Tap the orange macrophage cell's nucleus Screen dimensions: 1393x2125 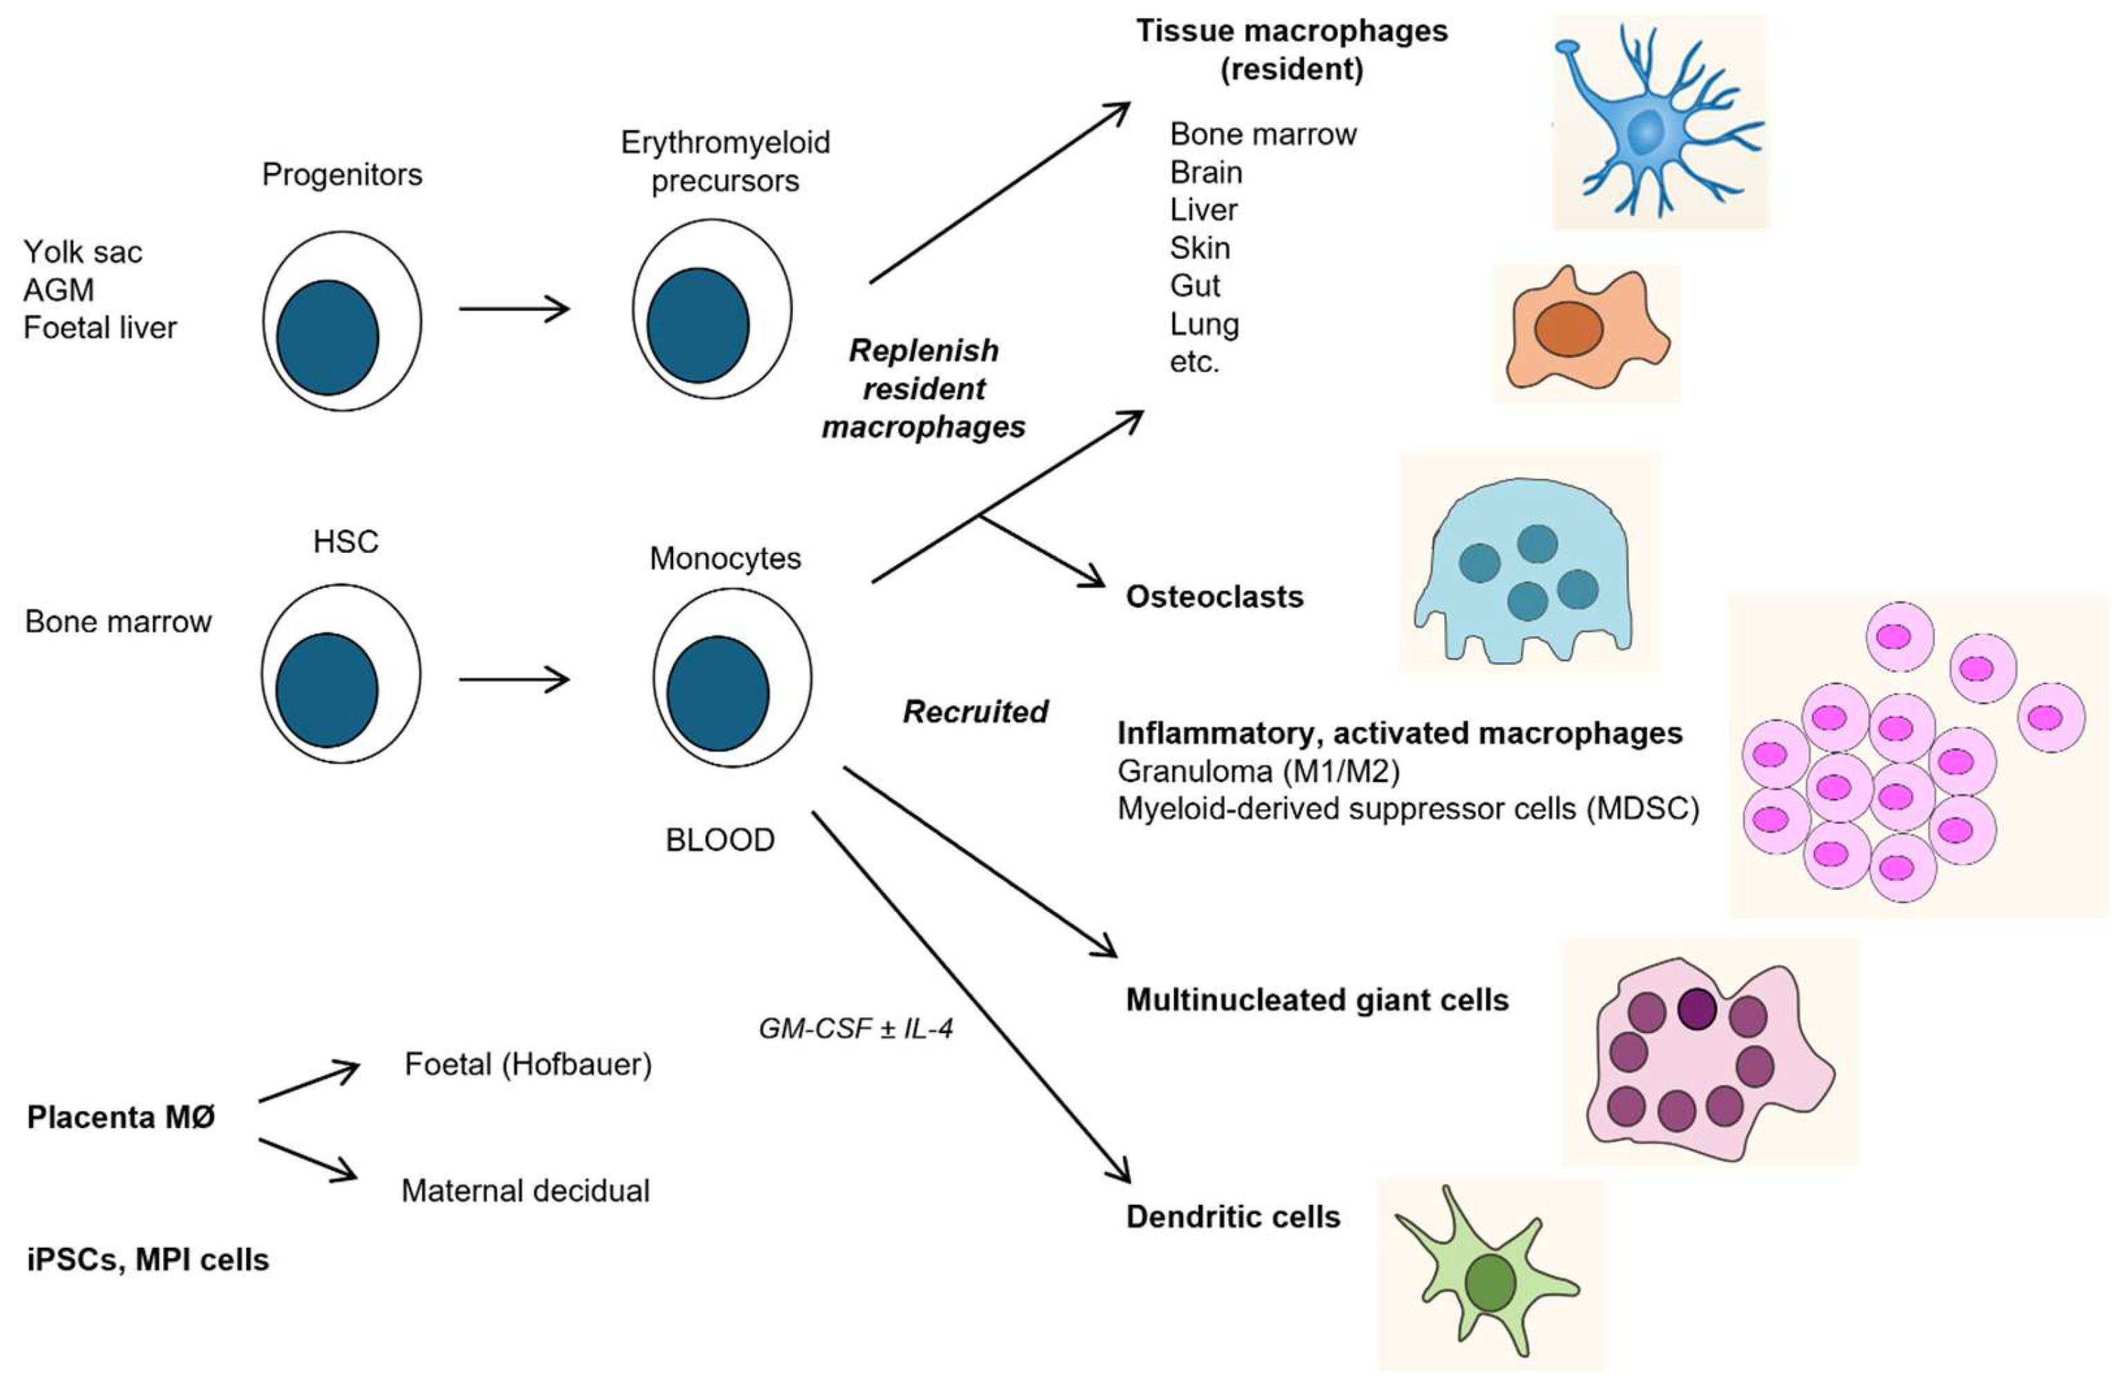point(1568,329)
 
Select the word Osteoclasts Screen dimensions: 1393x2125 point(1214,597)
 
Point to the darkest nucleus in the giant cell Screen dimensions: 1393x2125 point(1696,1009)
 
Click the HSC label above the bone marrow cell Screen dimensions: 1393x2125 point(346,542)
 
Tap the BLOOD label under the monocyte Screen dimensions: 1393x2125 point(719,840)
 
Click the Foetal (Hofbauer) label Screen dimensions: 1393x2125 point(528,1064)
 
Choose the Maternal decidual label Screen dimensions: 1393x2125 point(525,1191)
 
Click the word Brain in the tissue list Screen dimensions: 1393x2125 point(1206,172)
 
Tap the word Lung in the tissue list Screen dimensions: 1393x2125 point(1204,324)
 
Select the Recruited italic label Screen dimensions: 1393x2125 point(975,711)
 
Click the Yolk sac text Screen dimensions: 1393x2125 point(82,253)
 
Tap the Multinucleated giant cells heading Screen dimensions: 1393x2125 point(1317,1000)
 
